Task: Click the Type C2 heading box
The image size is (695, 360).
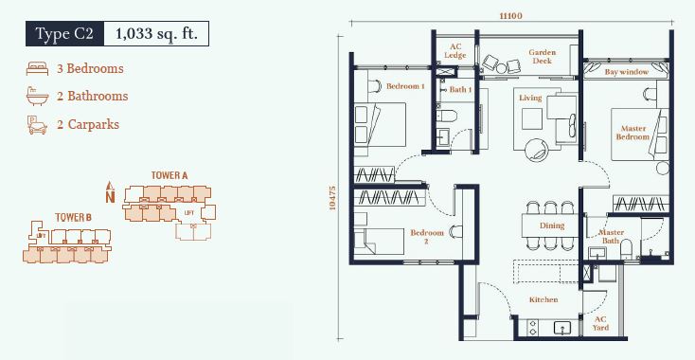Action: coord(64,34)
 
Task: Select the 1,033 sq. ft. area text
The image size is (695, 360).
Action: coord(156,34)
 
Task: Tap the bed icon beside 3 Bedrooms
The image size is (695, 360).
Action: coord(37,68)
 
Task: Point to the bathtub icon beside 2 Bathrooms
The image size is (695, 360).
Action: coord(37,96)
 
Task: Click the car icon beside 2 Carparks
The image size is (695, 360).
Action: coord(37,125)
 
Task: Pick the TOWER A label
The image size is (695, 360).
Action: coord(169,175)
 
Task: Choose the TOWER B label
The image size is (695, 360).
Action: coord(73,217)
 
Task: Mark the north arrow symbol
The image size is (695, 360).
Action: coord(111,192)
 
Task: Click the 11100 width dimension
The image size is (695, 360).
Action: coord(510,16)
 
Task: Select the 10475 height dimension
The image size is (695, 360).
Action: coord(333,197)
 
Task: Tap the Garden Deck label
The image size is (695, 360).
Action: coord(543,56)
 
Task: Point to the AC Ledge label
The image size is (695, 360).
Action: coord(455,51)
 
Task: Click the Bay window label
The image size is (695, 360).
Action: coord(626,71)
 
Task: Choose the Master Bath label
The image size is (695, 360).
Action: coord(611,236)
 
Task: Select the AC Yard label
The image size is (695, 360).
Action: coord(600,324)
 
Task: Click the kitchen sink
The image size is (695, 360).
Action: coord(562,328)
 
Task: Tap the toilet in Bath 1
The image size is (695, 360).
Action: coord(447,116)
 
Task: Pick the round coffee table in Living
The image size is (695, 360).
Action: coord(536,152)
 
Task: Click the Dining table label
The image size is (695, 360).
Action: coord(552,225)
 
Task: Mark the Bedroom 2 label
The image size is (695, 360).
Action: coord(427,237)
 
